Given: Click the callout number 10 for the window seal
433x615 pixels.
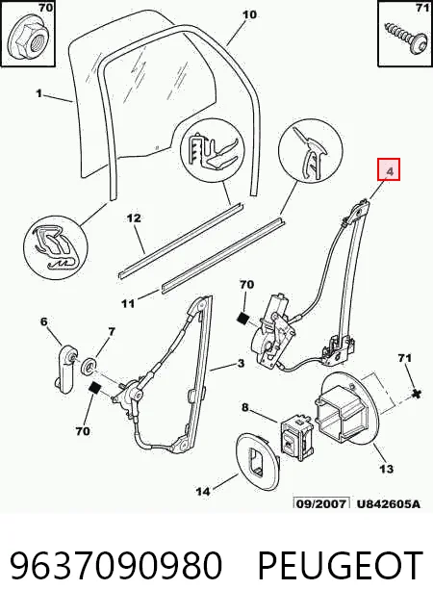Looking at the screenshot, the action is tap(249, 14).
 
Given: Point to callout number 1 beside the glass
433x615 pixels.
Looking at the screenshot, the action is tap(38, 93).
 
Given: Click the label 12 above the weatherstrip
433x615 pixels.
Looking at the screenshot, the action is tap(134, 218).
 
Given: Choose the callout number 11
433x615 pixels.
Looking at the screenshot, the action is tap(128, 303).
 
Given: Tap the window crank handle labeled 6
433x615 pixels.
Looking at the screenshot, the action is tap(64, 368).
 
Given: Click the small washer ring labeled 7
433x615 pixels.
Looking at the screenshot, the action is tap(89, 367).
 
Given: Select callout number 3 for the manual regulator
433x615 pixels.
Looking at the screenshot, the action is tap(240, 363).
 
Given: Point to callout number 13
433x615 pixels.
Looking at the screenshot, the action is tap(386, 469).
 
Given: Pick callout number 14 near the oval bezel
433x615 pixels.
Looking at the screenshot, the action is tap(202, 491).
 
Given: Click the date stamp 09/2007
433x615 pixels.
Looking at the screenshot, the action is tap(320, 503).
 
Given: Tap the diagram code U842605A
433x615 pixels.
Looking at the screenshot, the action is tap(388, 503).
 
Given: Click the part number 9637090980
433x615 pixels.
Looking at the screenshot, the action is tap(115, 565).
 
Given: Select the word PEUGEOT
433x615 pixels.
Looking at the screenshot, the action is tap(340, 565).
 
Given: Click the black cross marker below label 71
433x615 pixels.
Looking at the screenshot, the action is tap(418, 394).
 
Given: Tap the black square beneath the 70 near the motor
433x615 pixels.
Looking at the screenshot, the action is tap(243, 319).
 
